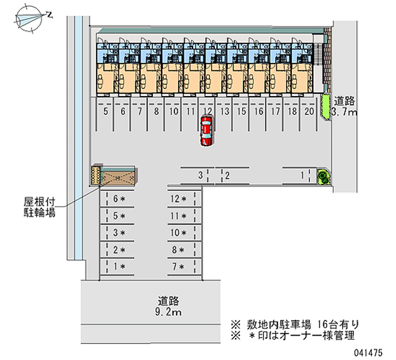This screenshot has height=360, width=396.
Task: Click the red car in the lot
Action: pos(206,131)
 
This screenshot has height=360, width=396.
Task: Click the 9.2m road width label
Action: pos(168,312)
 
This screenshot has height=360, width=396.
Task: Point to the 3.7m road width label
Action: pos(344,112)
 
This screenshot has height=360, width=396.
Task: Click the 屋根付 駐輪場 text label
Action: pos(40,207)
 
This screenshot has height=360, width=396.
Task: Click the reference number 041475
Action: pos(368,353)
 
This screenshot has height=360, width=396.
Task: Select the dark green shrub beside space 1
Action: pos(323,176)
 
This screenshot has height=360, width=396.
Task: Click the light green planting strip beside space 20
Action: pos(326,106)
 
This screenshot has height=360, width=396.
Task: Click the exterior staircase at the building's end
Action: pos(318,54)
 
